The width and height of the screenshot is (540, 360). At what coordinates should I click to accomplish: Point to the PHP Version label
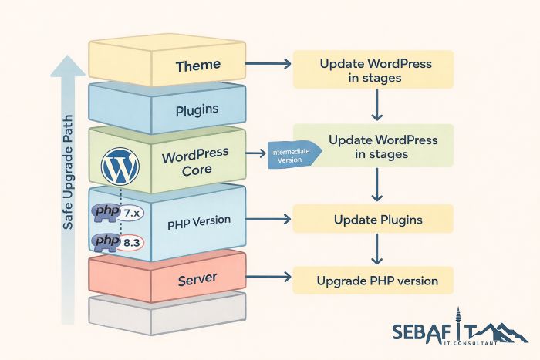(199, 220)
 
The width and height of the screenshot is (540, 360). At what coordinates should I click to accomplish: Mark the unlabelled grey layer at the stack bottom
(167, 312)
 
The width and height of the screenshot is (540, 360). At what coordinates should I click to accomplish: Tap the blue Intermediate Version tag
(289, 155)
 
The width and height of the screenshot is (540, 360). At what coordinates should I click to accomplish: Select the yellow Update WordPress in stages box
(373, 70)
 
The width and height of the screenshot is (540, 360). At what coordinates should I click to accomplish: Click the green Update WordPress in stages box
(373, 146)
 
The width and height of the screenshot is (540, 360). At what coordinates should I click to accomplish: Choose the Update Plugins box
(373, 220)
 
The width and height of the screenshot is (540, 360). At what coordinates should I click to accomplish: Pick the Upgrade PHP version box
(373, 281)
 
